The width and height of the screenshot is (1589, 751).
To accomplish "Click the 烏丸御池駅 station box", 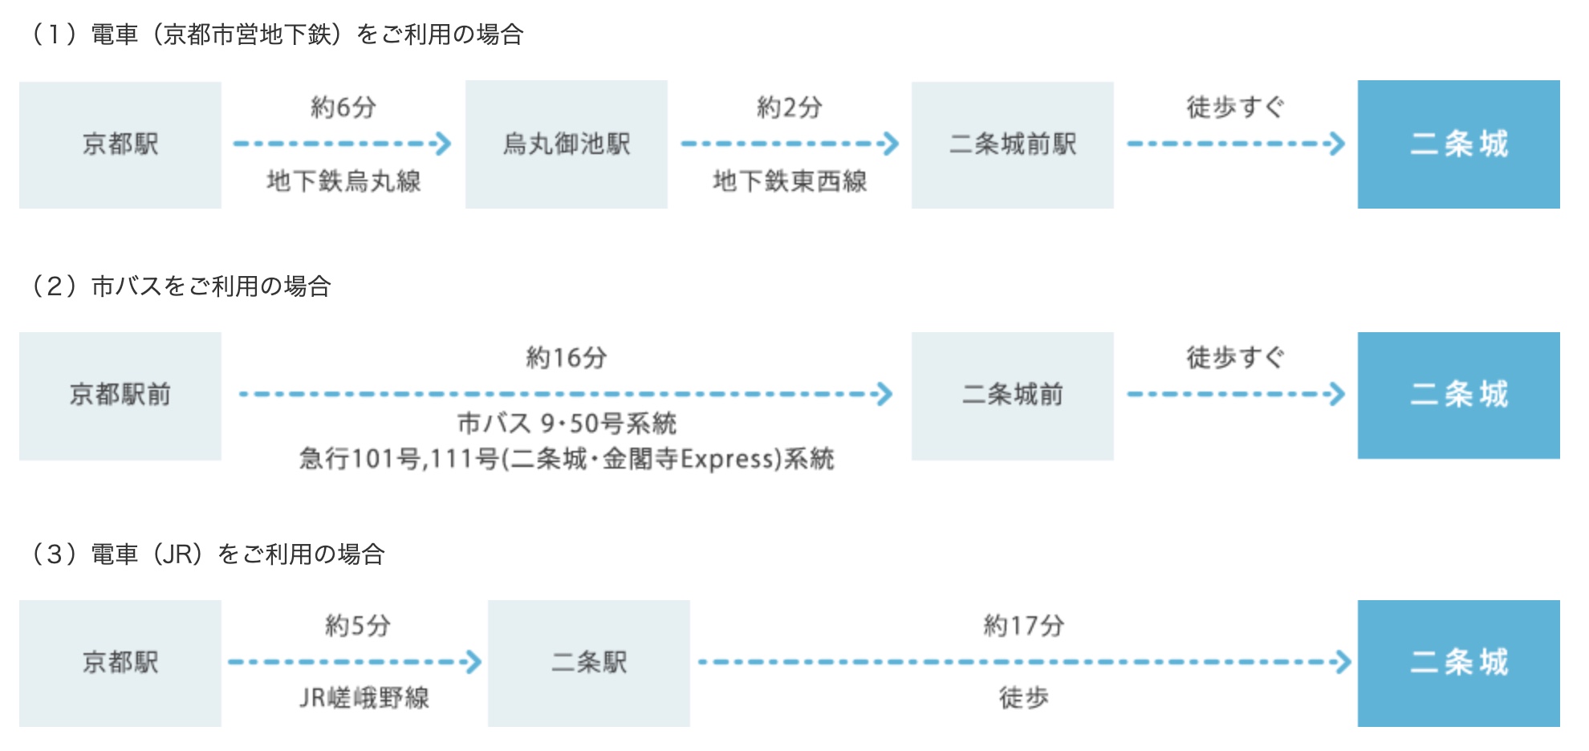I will click(566, 144).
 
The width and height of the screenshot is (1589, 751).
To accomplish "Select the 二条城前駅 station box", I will click(1012, 144).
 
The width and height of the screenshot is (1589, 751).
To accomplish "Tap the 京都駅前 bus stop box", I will click(120, 396).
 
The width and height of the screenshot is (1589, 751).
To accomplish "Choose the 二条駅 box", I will click(588, 663).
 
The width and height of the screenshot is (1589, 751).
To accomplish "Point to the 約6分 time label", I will click(343, 108).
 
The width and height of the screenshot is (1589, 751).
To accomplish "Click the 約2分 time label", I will click(790, 108).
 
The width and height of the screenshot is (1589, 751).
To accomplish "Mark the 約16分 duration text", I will click(567, 358).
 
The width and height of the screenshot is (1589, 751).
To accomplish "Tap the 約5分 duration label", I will click(358, 626).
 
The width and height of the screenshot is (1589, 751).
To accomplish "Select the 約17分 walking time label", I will click(1024, 626).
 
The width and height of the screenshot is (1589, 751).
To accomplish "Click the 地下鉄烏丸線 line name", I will click(343, 181).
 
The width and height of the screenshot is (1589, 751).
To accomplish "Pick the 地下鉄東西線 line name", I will click(790, 181).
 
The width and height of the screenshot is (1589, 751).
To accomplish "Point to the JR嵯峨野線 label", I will click(364, 698).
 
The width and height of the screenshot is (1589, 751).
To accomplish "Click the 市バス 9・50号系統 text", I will click(567, 423).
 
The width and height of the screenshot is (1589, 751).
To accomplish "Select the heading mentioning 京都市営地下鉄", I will click(278, 35).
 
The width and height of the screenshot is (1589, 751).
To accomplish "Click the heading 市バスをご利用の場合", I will click(181, 286).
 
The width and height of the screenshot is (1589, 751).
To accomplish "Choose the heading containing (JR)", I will click(209, 554).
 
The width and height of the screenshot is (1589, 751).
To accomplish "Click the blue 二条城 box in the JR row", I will click(1458, 663).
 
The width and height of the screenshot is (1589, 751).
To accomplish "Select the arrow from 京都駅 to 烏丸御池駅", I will click(342, 144).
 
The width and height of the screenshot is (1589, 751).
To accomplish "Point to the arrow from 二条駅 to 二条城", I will click(1024, 663).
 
